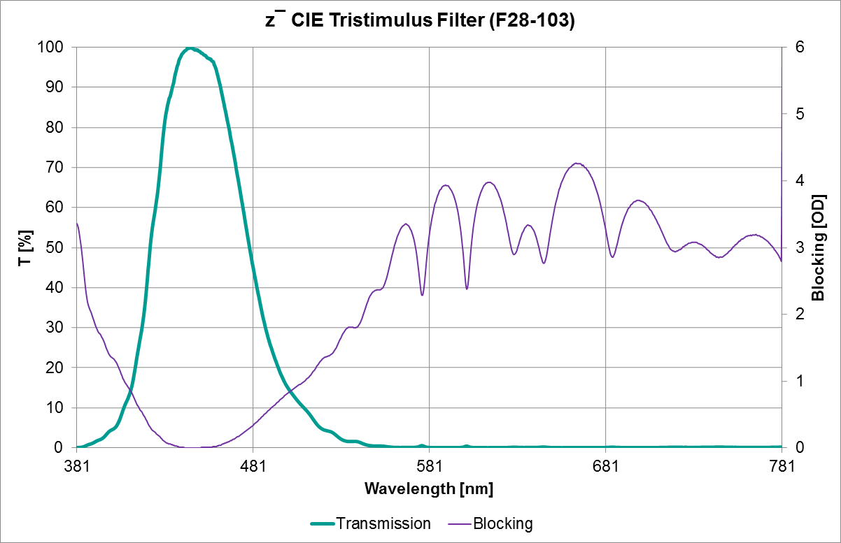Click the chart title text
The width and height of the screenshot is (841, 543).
click(x=420, y=21)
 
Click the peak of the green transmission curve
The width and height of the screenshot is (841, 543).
click(x=190, y=48)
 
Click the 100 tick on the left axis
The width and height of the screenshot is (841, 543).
click(x=53, y=48)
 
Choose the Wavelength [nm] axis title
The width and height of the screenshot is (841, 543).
click(x=428, y=488)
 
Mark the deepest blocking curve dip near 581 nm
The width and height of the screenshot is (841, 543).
click(x=422, y=294)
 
